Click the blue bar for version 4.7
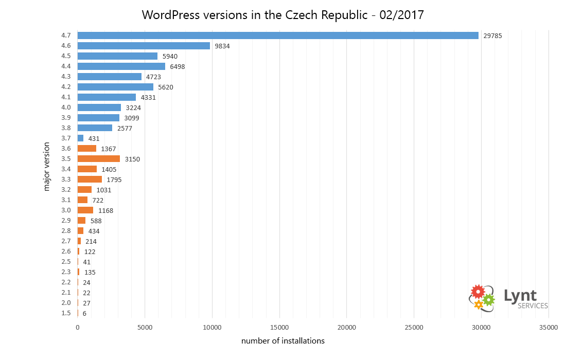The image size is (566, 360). click(x=278, y=35)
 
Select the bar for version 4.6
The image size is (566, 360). click(x=144, y=46)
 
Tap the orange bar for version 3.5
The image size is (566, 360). click(x=99, y=159)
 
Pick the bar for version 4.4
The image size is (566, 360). click(x=121, y=66)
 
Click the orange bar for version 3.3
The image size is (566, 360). click(x=90, y=179)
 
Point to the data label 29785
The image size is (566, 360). click(x=493, y=35)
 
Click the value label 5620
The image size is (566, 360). click(x=166, y=87)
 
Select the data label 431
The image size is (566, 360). click(x=94, y=138)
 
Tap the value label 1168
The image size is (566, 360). click(x=106, y=211)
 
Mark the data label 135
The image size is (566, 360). click(x=90, y=273)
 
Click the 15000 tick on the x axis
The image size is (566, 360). click(x=279, y=328)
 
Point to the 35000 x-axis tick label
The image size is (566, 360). click(x=549, y=328)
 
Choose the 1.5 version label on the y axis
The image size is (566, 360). click(x=66, y=313)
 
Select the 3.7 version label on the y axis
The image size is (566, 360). click(x=66, y=138)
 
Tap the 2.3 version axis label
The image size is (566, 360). click(x=66, y=272)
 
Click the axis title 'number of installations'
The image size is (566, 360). click(x=283, y=341)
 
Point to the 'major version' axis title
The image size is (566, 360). click(x=46, y=167)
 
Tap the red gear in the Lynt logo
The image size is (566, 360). click(x=478, y=292)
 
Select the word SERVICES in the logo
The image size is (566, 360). click(x=533, y=306)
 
